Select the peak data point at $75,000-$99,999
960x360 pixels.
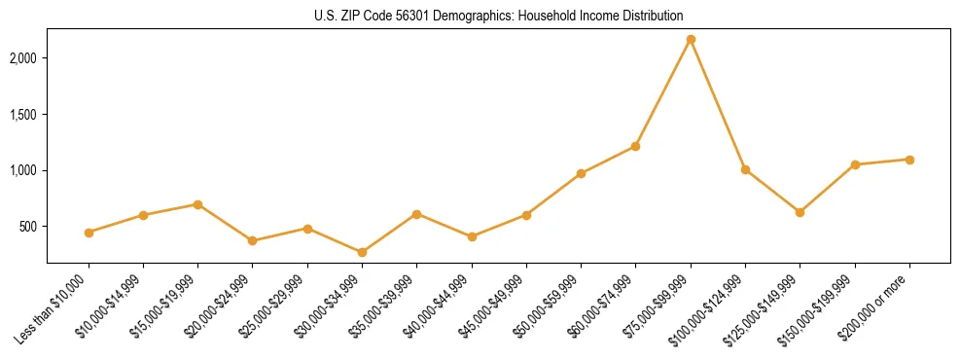[x=691, y=40]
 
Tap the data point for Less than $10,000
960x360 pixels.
[x=89, y=233]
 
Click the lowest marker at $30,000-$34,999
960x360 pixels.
[x=362, y=252]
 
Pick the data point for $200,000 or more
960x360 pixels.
[x=909, y=160]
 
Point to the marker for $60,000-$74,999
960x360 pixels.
[x=635, y=146]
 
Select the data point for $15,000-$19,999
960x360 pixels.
[x=197, y=204]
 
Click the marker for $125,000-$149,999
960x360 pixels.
[x=800, y=212]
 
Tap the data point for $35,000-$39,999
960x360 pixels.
[x=416, y=214]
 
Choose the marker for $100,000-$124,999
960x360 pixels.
[x=745, y=169]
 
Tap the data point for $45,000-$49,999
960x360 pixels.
[x=526, y=215]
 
